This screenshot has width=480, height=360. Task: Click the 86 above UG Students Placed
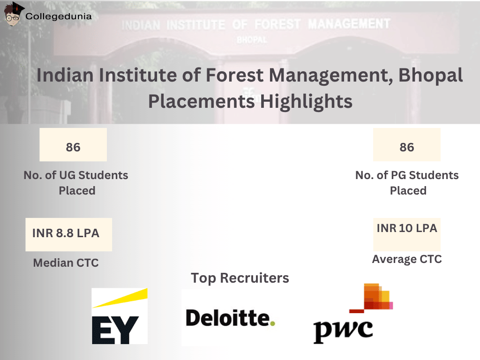pos(73,147)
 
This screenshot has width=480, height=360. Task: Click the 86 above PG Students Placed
pos(406,147)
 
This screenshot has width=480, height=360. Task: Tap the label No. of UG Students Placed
pos(76,183)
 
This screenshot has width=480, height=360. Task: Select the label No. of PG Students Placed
pos(407,183)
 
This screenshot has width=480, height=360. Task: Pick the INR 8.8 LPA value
pos(66,233)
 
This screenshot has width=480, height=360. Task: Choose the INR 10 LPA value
pos(406,228)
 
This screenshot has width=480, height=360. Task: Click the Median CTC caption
pos(66,263)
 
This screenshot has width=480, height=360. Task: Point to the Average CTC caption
pos(406,259)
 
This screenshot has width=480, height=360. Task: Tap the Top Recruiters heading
pos(240,278)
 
